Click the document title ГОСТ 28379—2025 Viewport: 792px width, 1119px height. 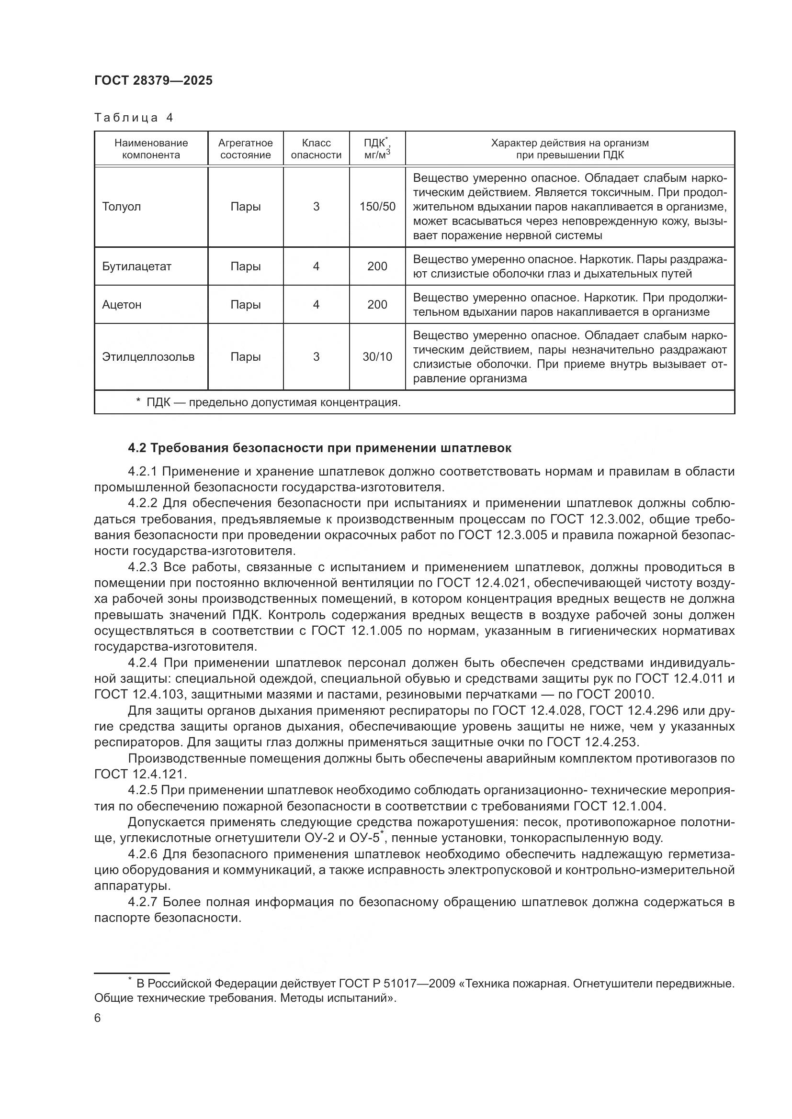tap(153, 80)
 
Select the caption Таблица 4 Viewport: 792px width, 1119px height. tap(134, 118)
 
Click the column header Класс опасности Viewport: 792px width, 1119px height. tap(316, 149)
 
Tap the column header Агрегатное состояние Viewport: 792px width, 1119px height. tap(245, 149)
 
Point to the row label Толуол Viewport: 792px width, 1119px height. tap(122, 207)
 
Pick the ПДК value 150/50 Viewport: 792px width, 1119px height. tap(377, 207)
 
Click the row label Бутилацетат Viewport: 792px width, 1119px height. tap(136, 266)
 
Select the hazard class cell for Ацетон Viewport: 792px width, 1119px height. tap(316, 305)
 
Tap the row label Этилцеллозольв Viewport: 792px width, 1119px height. tap(148, 357)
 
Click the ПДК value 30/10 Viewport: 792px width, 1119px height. tap(377, 357)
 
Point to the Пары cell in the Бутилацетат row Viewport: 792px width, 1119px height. tap(245, 266)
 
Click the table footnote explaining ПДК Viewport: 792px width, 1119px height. tap(268, 402)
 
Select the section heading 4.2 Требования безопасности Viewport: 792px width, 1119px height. tap(319, 448)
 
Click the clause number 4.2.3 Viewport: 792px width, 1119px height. tap(143, 567)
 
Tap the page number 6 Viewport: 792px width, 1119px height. tap(98, 1018)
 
